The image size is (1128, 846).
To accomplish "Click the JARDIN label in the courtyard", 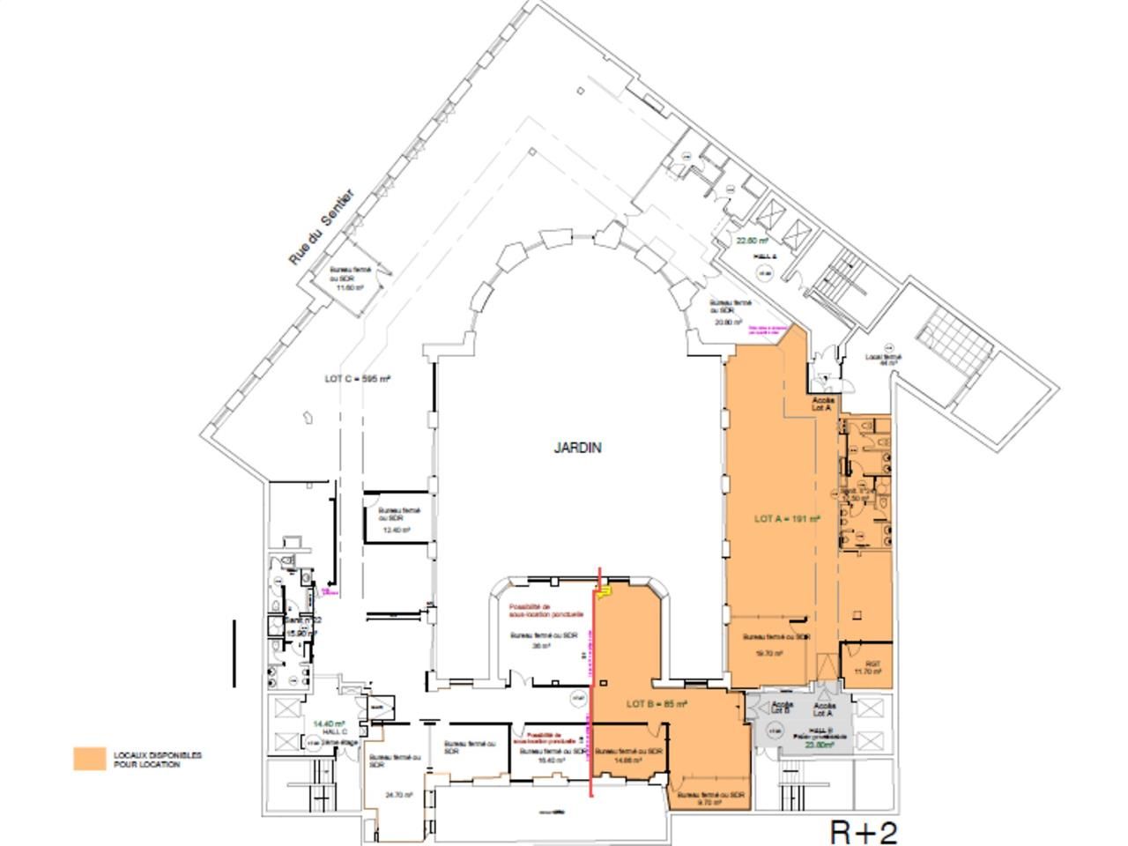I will tap(578, 448).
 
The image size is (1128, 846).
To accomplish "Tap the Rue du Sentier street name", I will tap(321, 226).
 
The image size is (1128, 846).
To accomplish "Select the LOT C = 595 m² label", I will tap(358, 379).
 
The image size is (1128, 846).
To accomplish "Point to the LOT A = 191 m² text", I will tap(787, 519).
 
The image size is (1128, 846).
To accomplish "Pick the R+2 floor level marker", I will tap(865, 831).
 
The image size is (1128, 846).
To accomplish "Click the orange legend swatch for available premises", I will tap(89, 760).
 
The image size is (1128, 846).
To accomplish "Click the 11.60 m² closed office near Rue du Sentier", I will tap(351, 278).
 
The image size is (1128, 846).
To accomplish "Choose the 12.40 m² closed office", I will tap(400, 520).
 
